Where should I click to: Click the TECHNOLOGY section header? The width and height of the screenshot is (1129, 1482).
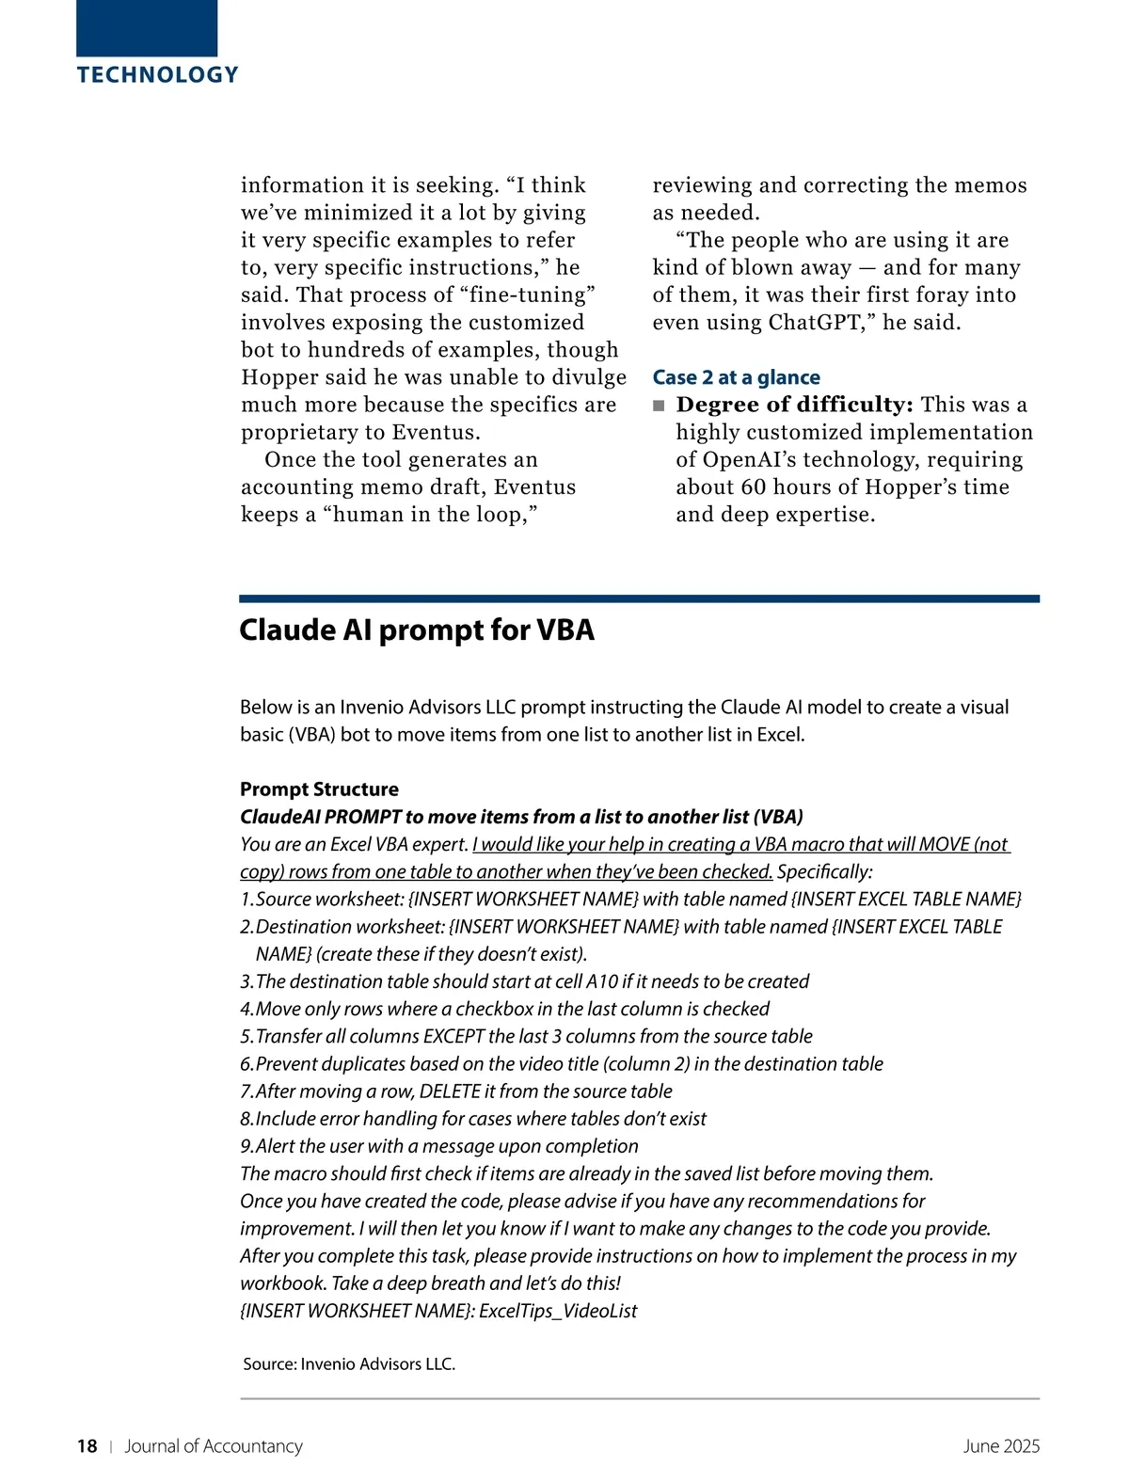pyautogui.click(x=158, y=75)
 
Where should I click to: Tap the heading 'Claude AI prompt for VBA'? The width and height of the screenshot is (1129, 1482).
pyautogui.click(x=416, y=629)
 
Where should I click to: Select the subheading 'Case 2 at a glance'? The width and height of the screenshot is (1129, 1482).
pyautogui.click(x=736, y=377)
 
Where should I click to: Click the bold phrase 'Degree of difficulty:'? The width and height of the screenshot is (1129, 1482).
pyautogui.click(x=794, y=405)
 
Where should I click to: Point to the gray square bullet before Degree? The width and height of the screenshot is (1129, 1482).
pyautogui.click(x=659, y=406)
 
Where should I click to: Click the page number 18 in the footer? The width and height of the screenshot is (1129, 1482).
pyautogui.click(x=87, y=1446)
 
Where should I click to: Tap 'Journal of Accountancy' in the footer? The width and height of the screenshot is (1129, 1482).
pyautogui.click(x=214, y=1446)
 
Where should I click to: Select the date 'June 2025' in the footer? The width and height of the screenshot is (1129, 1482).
pyautogui.click(x=1001, y=1446)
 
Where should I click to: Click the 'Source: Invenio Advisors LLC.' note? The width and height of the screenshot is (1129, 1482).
pyautogui.click(x=349, y=1363)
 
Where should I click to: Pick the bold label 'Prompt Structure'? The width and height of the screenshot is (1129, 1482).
pyautogui.click(x=319, y=789)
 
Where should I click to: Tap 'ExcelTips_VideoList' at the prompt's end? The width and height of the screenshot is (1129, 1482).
pyautogui.click(x=557, y=1311)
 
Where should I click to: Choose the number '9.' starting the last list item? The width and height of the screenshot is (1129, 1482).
pyautogui.click(x=247, y=1146)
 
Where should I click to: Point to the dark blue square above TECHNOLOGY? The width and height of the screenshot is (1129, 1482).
pyautogui.click(x=147, y=28)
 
